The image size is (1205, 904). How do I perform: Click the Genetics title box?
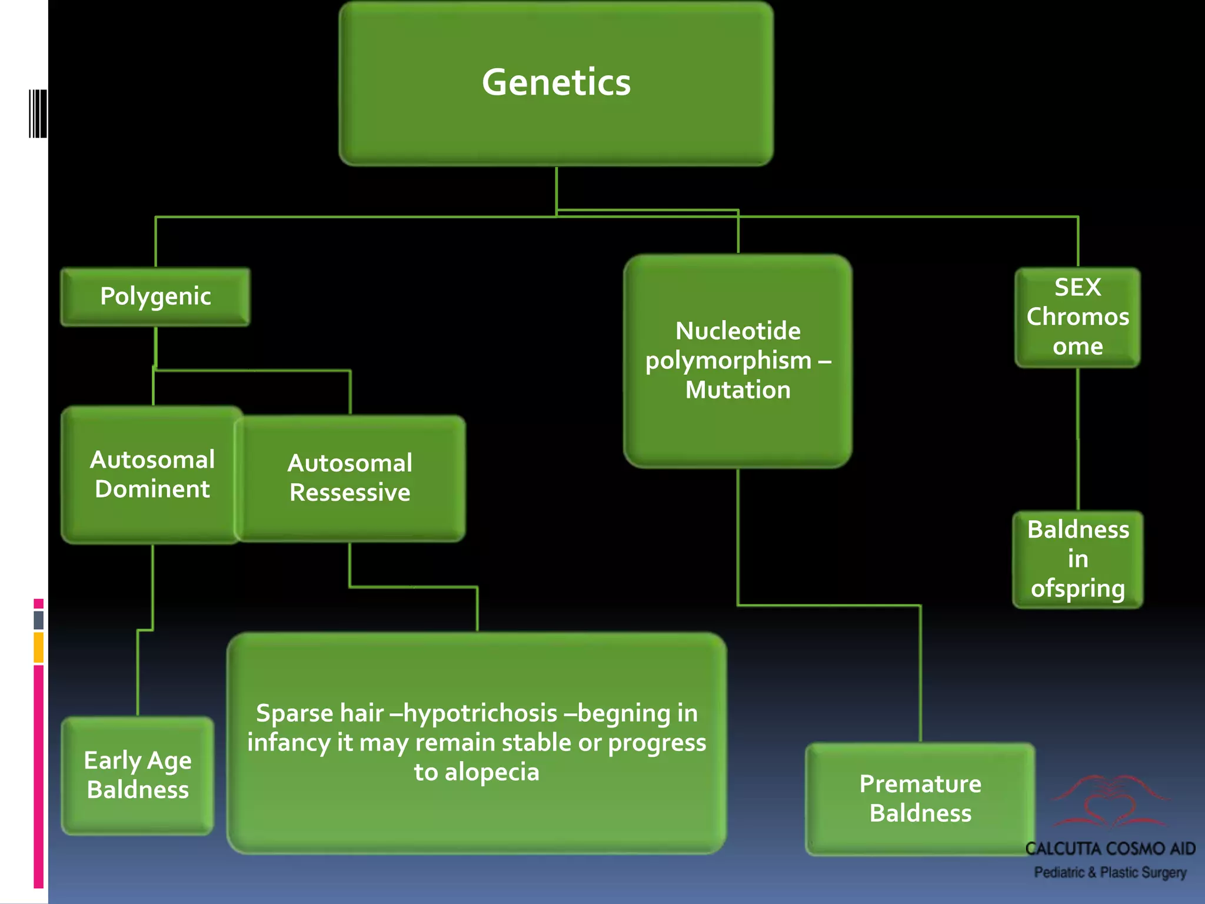tap(556, 82)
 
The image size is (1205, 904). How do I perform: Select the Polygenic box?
tap(155, 297)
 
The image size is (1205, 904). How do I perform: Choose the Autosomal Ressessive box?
tap(350, 478)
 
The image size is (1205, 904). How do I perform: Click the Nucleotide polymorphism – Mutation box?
tap(738, 360)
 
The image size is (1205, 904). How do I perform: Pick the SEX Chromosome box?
tap(1077, 317)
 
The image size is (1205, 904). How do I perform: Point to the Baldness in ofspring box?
tap(1077, 559)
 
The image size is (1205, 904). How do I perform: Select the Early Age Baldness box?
tap(138, 775)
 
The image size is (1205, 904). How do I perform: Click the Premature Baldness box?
tap(920, 798)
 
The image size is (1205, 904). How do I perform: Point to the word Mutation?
tap(738, 390)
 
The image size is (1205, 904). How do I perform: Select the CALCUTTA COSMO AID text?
tap(1110, 849)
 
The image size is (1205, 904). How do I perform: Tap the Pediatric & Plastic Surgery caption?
tap(1110, 872)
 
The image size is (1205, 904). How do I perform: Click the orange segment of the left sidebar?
tap(38, 647)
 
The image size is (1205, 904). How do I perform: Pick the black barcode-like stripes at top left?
tap(38, 114)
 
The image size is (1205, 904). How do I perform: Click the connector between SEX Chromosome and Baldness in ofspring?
tap(1078, 438)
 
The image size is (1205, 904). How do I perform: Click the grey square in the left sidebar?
tap(38, 619)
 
